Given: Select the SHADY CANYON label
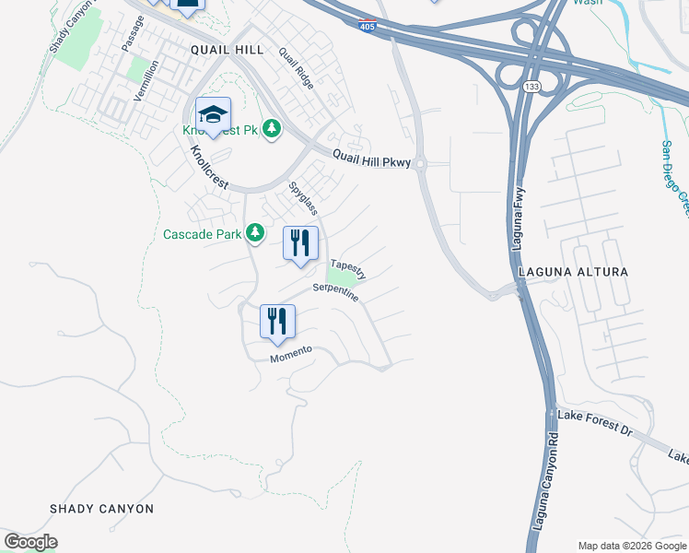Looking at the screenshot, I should [101, 509].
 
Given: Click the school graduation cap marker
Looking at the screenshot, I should [213, 116].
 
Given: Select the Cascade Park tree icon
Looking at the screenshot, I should [255, 234].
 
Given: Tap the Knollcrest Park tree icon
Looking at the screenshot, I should [271, 127].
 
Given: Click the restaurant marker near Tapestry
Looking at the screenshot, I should [300, 244].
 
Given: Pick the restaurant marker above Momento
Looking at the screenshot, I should [277, 323].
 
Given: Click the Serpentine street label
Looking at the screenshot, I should [334, 293].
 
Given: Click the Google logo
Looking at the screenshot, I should [30, 542].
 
